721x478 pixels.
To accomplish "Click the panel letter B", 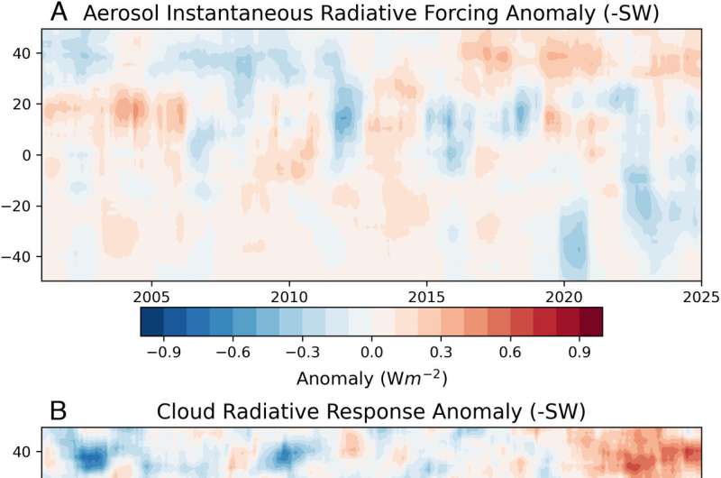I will (x=57, y=411).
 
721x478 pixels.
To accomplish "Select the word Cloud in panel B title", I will (x=186, y=412).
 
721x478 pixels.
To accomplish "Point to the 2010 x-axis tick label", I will (x=287, y=295).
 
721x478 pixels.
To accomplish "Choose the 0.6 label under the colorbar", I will (x=510, y=350).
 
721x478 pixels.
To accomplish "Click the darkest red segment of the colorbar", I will (x=590, y=323).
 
